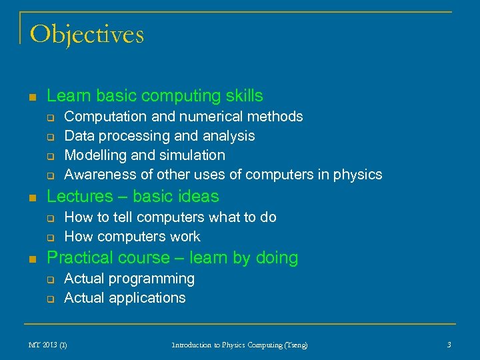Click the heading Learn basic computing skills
155,96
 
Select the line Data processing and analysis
159,136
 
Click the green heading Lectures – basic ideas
133,197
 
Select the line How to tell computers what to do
170,217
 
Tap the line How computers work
132,237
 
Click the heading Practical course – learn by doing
173,258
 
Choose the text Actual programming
129,279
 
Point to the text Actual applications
125,298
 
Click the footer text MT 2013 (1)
47,345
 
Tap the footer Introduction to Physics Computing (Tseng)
239,345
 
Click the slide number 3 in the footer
449,345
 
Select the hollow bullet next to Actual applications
49,299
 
